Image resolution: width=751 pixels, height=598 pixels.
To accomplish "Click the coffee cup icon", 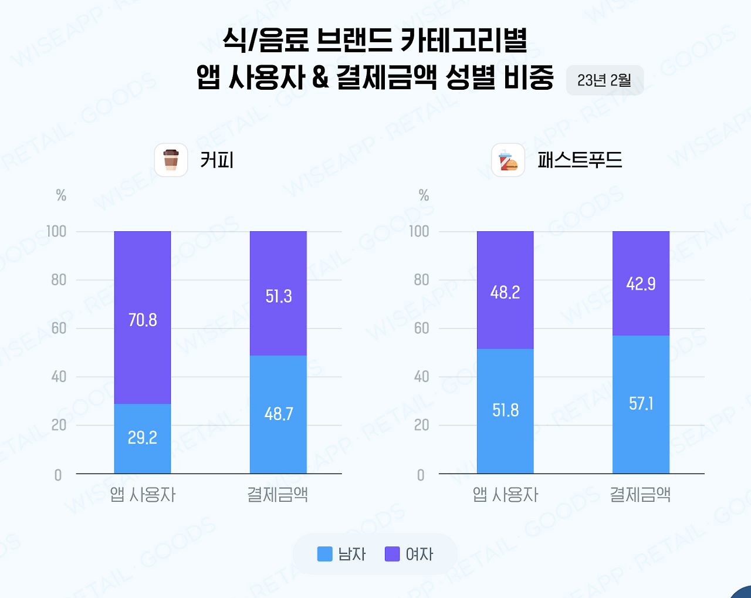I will coord(171,160).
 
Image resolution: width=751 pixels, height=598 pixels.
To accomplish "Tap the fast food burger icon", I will coord(508,160).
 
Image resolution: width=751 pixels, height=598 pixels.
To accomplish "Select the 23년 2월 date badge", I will coord(604,80).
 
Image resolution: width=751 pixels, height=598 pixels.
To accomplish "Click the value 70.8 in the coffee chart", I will coord(143,320).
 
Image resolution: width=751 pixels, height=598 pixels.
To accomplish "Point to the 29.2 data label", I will coord(143,437).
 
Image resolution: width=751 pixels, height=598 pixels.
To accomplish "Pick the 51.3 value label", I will coord(278,296).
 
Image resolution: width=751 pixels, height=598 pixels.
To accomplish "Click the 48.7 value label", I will coord(278,414).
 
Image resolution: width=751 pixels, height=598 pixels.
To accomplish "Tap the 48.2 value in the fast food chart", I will coord(505,292).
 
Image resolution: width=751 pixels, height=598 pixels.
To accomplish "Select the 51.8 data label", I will coord(505,410).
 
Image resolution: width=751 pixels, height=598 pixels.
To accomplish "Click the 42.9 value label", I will coord(641,284).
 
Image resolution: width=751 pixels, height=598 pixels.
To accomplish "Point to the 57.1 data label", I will coord(641,404).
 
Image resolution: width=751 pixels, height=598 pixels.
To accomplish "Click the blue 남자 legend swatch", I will coord(324,554).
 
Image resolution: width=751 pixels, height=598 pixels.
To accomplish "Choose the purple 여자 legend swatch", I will coord(392,554).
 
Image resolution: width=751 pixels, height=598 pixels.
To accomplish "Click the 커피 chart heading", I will coord(216,160).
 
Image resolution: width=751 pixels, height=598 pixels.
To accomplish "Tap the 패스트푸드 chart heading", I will coord(580,160).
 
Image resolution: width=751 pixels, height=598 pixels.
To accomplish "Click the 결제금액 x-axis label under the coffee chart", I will coord(278,495).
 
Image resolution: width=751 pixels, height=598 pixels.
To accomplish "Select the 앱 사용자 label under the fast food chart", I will coord(505,495).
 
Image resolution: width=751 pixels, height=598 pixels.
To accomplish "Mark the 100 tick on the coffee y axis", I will coord(57,231).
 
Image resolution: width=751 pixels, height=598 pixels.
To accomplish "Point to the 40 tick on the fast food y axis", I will coord(421,377).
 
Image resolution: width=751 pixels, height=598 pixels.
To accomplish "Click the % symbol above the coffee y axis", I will coord(61,195).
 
